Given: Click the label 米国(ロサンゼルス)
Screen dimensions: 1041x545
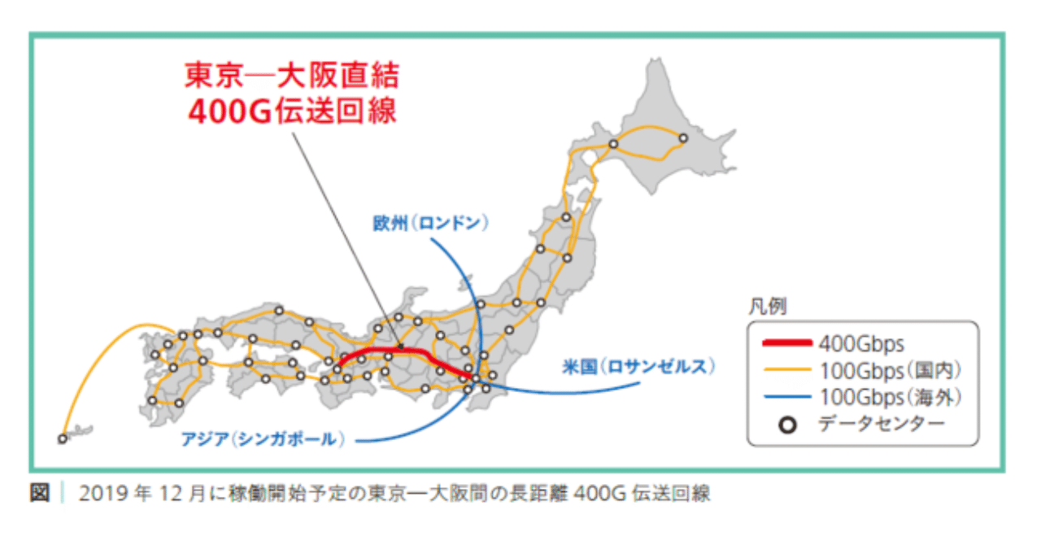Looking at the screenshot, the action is click(638, 367).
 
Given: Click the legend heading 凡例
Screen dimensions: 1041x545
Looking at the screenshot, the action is click(767, 308).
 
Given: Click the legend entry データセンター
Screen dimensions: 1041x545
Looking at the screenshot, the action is click(882, 424).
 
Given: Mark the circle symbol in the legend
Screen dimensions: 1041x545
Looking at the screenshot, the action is click(786, 425).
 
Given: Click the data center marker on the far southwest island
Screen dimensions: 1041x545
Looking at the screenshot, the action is click(62, 439).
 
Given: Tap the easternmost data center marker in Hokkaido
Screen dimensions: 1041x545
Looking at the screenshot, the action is click(683, 138).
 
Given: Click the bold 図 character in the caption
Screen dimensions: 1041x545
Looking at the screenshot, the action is click(39, 494).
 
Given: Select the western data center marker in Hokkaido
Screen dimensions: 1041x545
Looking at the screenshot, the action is click(613, 145).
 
